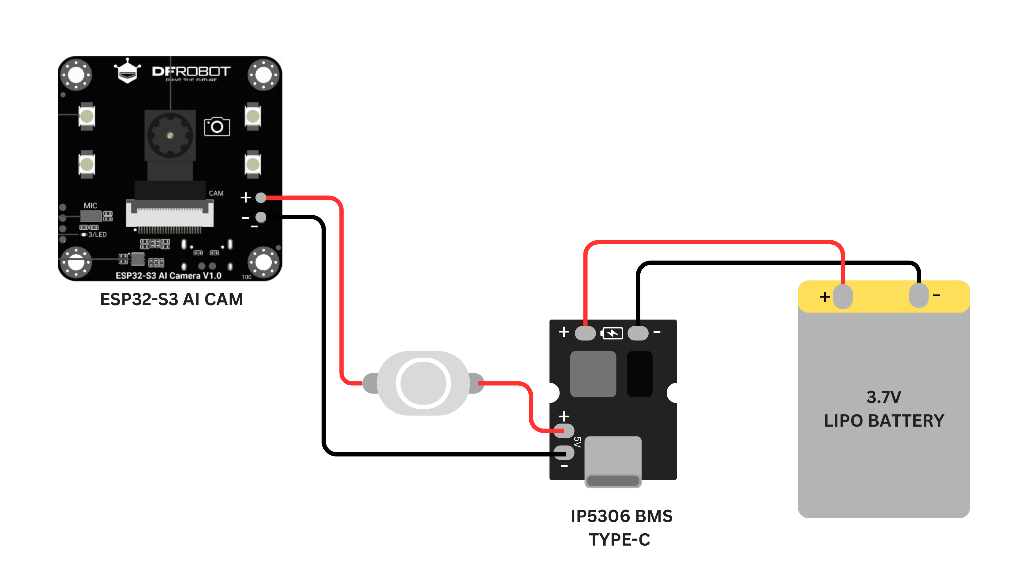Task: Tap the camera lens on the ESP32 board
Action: [x=170, y=135]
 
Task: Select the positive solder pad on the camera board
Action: [x=261, y=198]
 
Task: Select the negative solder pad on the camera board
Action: [x=261, y=217]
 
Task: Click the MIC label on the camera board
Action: [x=91, y=206]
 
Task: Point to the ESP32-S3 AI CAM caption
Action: [x=172, y=299]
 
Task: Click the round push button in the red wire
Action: [x=423, y=383]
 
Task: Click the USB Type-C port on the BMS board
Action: [x=613, y=461]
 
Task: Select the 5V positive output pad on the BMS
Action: [x=564, y=431]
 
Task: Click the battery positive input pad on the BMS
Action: [x=585, y=333]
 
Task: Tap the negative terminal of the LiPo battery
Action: [x=919, y=295]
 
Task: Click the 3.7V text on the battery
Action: [x=884, y=397]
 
